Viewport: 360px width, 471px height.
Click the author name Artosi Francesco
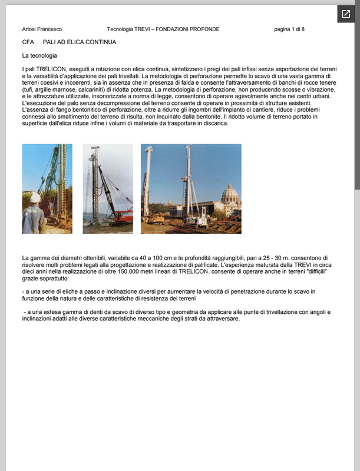(x=42, y=29)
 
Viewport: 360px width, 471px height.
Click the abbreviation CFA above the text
(x=28, y=42)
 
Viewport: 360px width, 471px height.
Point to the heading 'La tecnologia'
(x=39, y=56)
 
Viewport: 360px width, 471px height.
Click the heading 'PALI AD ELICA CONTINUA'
(x=80, y=42)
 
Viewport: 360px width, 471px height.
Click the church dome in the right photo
(x=230, y=193)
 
